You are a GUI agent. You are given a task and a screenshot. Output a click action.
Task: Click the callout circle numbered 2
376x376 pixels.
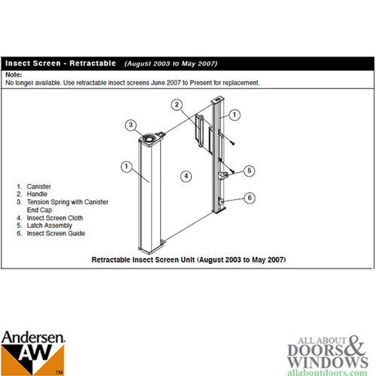(x=177, y=105)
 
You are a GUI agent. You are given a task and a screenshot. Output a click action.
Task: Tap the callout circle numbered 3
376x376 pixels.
(x=131, y=125)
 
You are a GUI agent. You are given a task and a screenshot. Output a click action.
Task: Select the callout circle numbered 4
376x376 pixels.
(x=186, y=176)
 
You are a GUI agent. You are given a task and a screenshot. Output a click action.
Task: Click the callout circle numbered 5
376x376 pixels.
(x=249, y=171)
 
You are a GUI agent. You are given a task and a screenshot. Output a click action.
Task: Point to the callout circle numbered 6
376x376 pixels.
(x=250, y=198)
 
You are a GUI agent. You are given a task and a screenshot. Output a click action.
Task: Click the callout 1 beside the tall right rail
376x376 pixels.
(x=235, y=115)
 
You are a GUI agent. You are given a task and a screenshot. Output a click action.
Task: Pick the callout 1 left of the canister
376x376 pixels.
(x=126, y=166)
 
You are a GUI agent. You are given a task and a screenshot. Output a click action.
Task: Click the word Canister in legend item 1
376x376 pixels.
(x=38, y=186)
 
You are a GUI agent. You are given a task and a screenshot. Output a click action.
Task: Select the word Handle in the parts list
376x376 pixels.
(x=37, y=194)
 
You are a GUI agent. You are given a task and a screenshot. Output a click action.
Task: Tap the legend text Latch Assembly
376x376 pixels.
(x=50, y=226)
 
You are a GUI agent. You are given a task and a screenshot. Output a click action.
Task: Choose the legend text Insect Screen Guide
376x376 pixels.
(x=56, y=233)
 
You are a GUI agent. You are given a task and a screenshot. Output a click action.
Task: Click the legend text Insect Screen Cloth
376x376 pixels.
(x=55, y=218)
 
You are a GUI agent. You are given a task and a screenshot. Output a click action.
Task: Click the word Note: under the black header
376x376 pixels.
(x=14, y=74)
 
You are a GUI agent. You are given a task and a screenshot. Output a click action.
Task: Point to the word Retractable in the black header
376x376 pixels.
(x=92, y=63)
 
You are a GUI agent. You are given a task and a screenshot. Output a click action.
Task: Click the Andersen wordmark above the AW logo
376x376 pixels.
(x=33, y=338)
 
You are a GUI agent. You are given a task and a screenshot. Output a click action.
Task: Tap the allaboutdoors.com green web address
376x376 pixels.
(x=327, y=372)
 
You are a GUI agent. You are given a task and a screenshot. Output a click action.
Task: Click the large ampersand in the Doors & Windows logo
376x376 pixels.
(x=355, y=345)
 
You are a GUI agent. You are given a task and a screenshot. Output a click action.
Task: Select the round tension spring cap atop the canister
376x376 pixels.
(x=150, y=138)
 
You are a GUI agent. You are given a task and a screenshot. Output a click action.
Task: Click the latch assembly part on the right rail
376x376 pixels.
(x=223, y=175)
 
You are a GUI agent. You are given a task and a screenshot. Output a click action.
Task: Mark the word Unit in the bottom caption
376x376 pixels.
(x=188, y=259)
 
